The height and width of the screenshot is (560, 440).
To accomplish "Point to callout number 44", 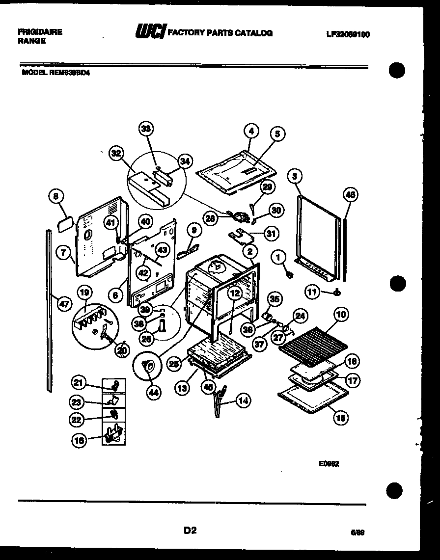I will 155,393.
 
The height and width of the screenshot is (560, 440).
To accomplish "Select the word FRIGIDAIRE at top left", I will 40,32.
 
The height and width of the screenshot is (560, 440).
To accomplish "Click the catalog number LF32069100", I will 348,34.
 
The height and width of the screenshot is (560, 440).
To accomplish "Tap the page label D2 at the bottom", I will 190,530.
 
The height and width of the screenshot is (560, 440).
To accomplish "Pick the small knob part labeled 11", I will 336,293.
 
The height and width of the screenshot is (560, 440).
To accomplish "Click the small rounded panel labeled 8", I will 65,224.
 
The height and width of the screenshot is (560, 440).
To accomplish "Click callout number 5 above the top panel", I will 277,133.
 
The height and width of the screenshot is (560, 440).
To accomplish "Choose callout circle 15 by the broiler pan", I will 340,418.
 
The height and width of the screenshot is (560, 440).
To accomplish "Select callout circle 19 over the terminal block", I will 84,293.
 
